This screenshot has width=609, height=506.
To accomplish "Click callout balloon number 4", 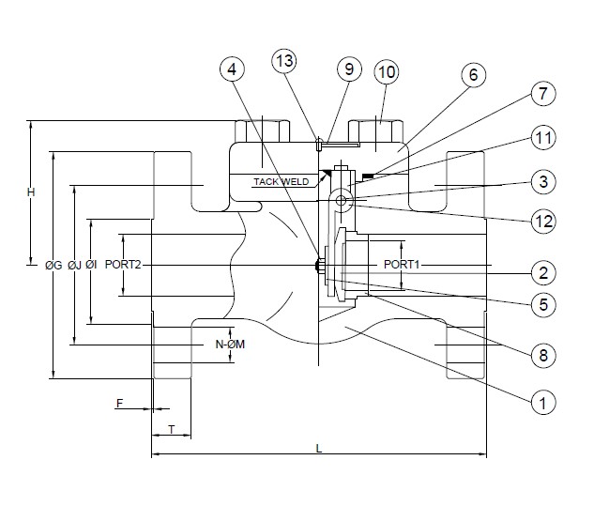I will (x=234, y=69).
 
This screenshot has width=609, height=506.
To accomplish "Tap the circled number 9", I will (x=348, y=69).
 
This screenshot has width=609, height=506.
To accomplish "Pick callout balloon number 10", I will (x=387, y=71).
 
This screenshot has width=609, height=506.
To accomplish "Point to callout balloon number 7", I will (x=541, y=94).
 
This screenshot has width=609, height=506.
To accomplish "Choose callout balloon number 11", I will (x=541, y=138).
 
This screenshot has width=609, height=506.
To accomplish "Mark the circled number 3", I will (x=541, y=180).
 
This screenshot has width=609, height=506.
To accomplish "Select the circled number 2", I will (x=541, y=273).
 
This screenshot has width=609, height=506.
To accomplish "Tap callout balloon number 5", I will (x=541, y=304).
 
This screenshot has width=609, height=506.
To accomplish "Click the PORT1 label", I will (x=402, y=266).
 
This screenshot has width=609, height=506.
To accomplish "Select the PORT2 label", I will (x=123, y=266).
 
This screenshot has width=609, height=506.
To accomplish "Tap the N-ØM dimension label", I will (x=230, y=345).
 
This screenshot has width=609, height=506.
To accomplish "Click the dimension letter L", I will (x=319, y=448).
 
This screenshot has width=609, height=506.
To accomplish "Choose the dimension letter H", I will (x=30, y=192).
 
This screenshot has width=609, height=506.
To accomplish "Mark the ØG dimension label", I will (x=53, y=266).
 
